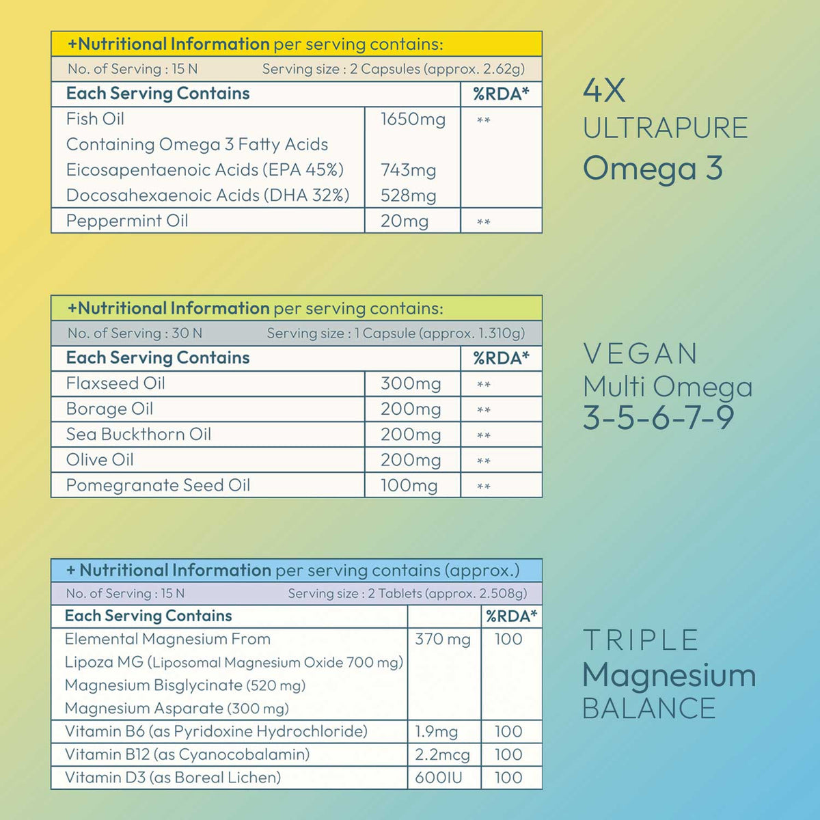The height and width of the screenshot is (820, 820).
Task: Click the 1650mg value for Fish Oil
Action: pyautogui.click(x=413, y=120)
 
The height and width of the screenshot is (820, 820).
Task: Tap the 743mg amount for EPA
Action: pyautogui.click(x=408, y=170)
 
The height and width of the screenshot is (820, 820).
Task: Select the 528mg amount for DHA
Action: pyautogui.click(x=408, y=195)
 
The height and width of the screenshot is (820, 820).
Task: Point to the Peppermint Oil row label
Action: pyautogui.click(x=127, y=221)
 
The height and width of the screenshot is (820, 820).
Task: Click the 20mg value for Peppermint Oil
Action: pyautogui.click(x=404, y=221)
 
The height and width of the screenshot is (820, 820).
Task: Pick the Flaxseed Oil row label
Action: pyautogui.click(x=115, y=383)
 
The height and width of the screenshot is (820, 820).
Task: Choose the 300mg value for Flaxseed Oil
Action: pyautogui.click(x=411, y=384)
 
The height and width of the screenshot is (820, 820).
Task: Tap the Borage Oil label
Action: pyautogui.click(x=109, y=409)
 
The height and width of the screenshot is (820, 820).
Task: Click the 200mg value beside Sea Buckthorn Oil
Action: pyautogui.click(x=411, y=435)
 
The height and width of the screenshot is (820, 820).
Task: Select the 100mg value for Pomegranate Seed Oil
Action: pyautogui.click(x=409, y=486)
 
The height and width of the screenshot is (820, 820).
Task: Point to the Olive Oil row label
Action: pyautogui.click(x=100, y=460)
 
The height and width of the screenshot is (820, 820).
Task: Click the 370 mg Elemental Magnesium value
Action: pyautogui.click(x=443, y=640)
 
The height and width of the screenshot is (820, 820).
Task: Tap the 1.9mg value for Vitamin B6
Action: pyautogui.click(x=436, y=732)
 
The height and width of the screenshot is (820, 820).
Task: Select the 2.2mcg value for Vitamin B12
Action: pyautogui.click(x=442, y=755)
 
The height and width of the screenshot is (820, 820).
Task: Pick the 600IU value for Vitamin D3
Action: pyautogui.click(x=438, y=778)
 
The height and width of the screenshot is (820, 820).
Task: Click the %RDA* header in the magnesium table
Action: pyautogui.click(x=511, y=616)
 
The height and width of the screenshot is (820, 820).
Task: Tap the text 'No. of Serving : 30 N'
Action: pyautogui.click(x=135, y=333)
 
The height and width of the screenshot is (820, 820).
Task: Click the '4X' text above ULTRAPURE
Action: pyautogui.click(x=604, y=91)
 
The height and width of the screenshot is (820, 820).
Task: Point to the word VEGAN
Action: pyautogui.click(x=640, y=354)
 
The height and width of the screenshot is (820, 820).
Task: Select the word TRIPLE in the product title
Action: pyautogui.click(x=640, y=640)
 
